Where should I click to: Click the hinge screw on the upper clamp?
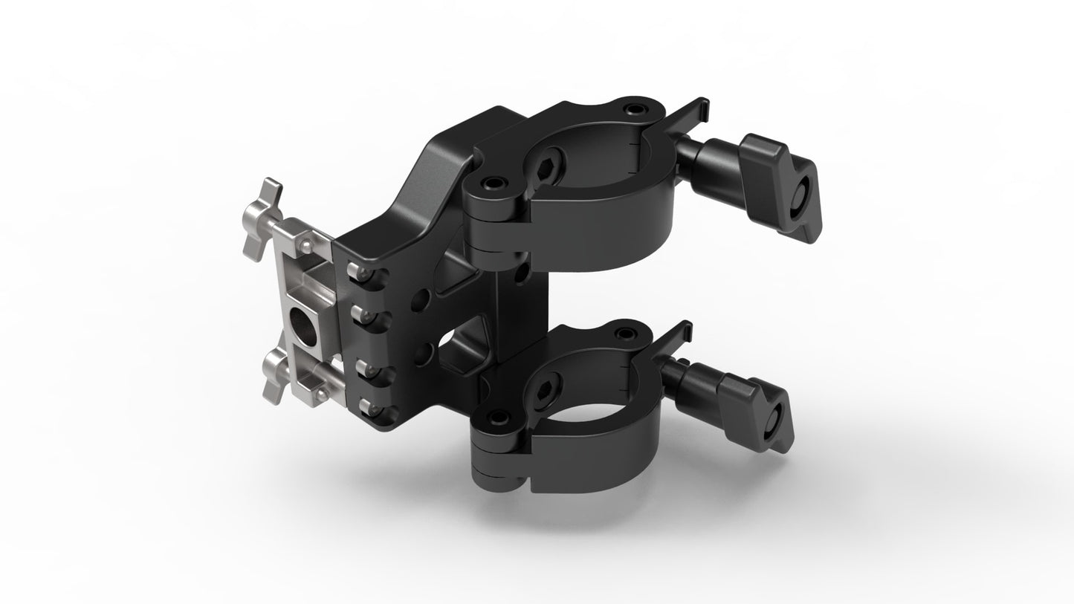492,182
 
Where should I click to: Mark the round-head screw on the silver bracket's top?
305,242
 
